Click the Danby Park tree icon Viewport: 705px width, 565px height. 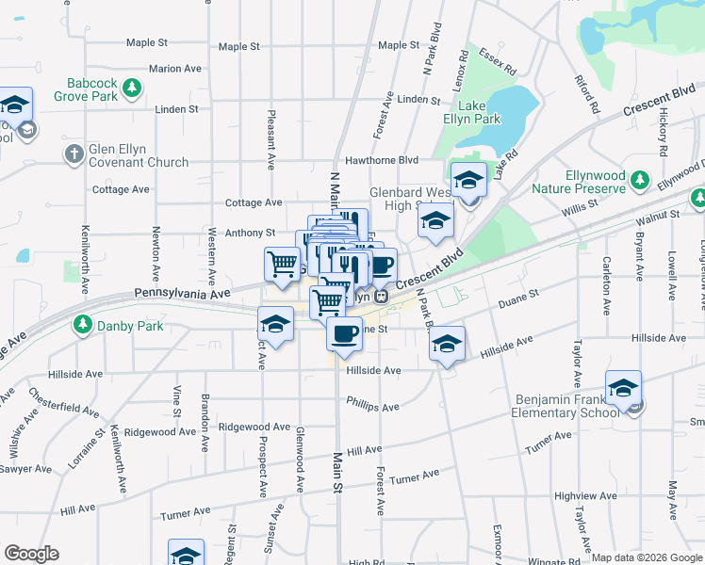pos(83,326)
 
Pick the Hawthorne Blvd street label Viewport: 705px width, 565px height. pos(381,160)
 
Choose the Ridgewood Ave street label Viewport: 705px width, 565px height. pos(254,427)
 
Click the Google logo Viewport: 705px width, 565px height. pos(31,554)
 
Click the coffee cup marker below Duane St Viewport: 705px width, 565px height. pos(344,333)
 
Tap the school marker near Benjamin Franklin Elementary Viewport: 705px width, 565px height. pos(623,388)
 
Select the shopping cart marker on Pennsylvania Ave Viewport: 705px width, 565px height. pos(282,265)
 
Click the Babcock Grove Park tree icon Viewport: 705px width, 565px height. pos(133,89)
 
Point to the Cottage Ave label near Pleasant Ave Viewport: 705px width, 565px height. pos(254,202)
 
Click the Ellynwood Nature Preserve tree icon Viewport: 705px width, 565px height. pos(641,178)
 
